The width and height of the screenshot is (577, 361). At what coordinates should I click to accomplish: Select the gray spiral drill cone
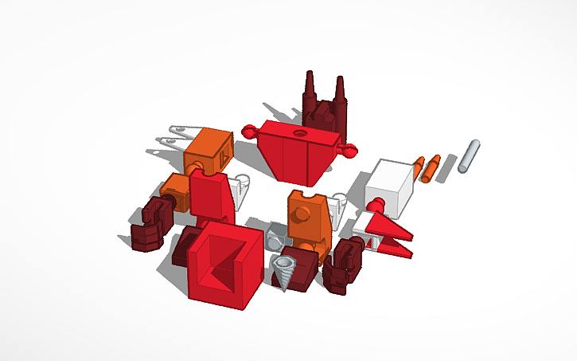(x=285, y=271)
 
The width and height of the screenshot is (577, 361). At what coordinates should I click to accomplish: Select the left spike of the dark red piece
(x=309, y=92)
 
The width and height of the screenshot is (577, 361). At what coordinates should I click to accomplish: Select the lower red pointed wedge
(x=395, y=248)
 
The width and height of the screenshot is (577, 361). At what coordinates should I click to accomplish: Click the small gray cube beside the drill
(x=275, y=238)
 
